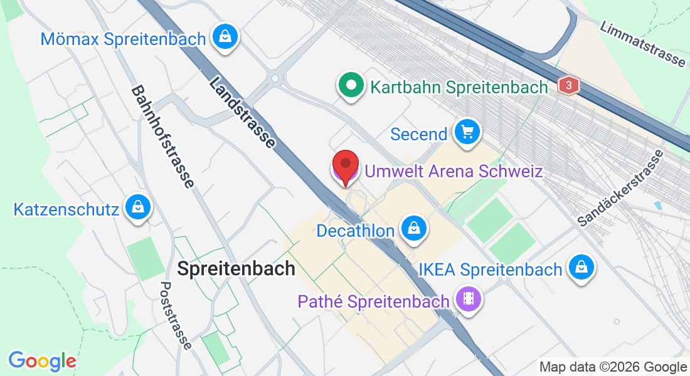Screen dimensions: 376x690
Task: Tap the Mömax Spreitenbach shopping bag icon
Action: coord(224,38)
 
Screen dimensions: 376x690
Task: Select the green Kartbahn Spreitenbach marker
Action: coord(351,85)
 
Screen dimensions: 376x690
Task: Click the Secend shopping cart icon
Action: coord(467,132)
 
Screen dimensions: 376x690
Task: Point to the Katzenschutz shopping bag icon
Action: coord(136,207)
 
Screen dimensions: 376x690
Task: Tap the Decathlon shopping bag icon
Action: coord(413,229)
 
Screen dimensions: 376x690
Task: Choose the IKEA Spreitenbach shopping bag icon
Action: coord(581,268)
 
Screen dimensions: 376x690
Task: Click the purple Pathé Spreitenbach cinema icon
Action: coord(468,299)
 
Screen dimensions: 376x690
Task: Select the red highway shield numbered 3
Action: coord(568,86)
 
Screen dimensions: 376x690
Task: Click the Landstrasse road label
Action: coord(242,112)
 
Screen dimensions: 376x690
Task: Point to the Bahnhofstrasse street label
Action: coord(162,137)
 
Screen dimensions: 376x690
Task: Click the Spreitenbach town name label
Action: coord(236,269)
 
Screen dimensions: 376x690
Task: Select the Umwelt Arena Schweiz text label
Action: coord(454,170)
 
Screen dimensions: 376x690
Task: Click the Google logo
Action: coord(42,361)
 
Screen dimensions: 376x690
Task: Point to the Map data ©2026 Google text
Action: coord(613,367)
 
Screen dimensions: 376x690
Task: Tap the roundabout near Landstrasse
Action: coord(275,78)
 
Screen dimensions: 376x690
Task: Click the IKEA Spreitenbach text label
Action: coord(491,270)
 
